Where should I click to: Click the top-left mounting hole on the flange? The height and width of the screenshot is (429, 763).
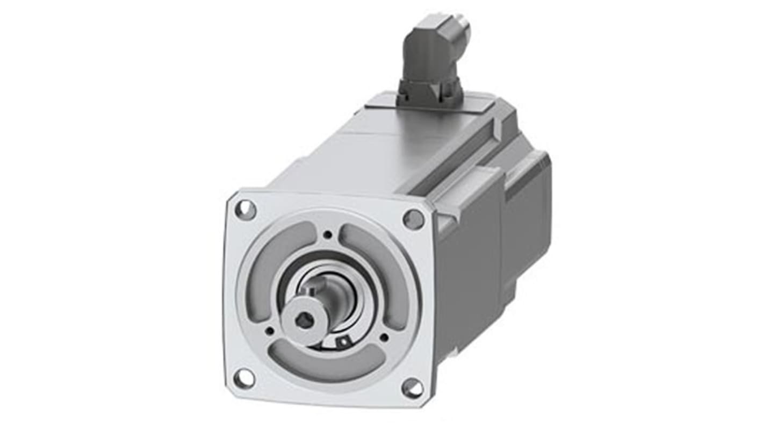[246, 209]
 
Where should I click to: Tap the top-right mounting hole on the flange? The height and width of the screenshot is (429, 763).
[413, 219]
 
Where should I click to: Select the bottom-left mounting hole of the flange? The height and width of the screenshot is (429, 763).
[244, 378]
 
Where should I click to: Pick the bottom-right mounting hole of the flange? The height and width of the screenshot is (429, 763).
[412, 388]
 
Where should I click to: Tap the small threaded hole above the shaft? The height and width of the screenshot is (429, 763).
[327, 234]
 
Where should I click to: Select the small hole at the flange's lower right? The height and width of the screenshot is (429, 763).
[384, 338]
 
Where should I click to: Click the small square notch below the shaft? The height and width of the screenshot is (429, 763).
[341, 340]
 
